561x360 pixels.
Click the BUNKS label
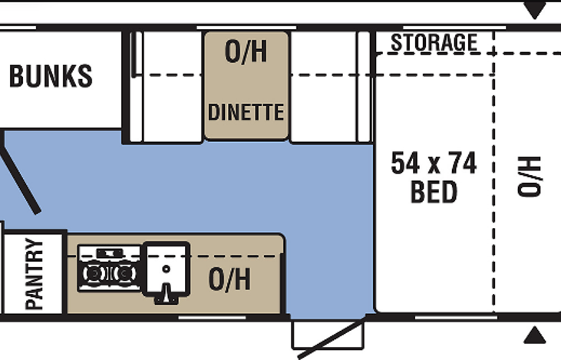point(51,77)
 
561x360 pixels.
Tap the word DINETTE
point(246,112)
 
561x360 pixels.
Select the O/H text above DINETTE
point(246,52)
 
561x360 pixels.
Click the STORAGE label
point(434,43)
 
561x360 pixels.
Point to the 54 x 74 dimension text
point(434,163)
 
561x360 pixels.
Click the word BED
point(434,192)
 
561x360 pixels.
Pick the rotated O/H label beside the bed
point(529,177)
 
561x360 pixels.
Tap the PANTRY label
point(35,274)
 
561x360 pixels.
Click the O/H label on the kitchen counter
point(229,279)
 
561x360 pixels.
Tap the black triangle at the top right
point(535,11)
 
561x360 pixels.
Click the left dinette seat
point(166,86)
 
